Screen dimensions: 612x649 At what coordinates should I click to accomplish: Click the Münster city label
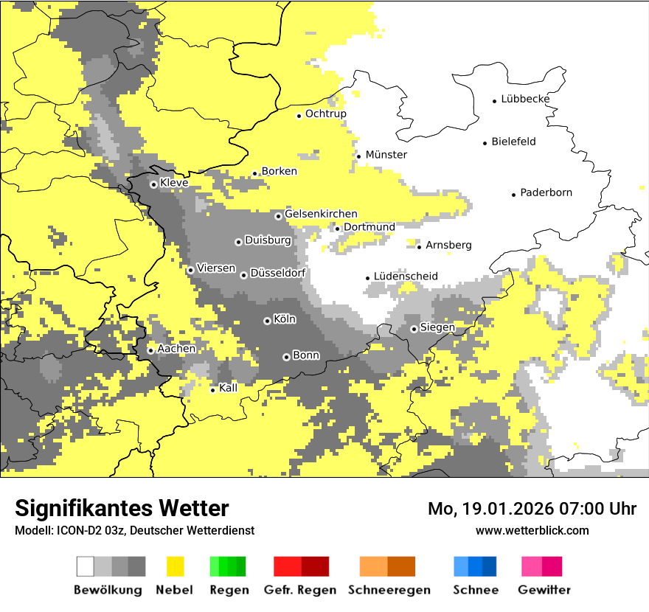[x=386, y=155]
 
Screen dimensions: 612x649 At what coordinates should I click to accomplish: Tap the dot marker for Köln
[x=267, y=321]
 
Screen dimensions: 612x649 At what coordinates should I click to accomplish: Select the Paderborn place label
[x=546, y=193]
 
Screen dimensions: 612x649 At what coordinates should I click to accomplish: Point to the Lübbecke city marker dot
[x=495, y=100]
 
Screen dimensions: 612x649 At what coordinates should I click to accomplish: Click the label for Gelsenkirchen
[x=321, y=214]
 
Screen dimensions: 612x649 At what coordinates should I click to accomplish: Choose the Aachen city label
[x=176, y=349]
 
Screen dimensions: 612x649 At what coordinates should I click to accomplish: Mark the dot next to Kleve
[x=153, y=184]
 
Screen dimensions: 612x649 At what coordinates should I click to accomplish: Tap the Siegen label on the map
[x=437, y=327]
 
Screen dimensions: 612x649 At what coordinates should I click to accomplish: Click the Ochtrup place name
[x=325, y=114]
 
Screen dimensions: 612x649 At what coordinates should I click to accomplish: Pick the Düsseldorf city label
[x=277, y=274]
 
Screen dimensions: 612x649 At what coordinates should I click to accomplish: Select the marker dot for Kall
[x=212, y=390]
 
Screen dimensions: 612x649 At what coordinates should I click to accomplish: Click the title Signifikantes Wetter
[x=122, y=508]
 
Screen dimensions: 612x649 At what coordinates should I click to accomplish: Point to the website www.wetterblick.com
[x=532, y=530]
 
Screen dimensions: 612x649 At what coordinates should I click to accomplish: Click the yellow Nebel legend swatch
[x=176, y=566]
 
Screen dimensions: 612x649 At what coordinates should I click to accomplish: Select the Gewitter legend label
[x=544, y=590]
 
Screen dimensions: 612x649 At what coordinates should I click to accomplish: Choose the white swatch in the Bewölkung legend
[x=86, y=566]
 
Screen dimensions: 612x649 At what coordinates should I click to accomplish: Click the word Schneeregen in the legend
[x=389, y=590]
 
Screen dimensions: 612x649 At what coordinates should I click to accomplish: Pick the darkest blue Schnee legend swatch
[x=489, y=566]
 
